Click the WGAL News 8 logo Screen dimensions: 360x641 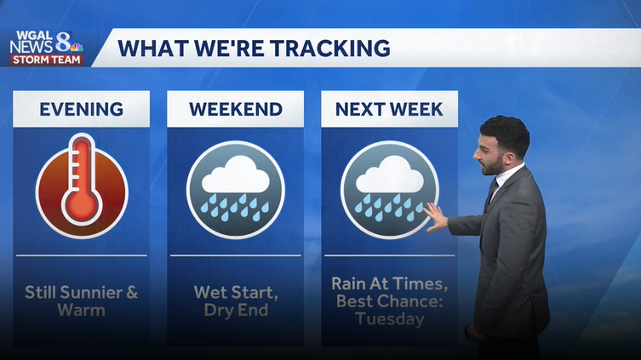click(47, 48)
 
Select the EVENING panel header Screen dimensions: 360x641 click(82, 109)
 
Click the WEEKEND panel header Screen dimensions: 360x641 click(235, 109)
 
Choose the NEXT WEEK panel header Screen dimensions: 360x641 click(389, 109)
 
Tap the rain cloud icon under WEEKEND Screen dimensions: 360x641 click(235, 189)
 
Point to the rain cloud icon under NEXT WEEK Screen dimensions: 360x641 click(389, 189)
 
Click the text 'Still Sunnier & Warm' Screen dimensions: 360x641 click(82, 300)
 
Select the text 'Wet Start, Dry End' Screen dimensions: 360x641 click(235, 300)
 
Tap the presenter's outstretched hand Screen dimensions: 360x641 click(435, 218)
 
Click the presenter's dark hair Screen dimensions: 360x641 click(506, 132)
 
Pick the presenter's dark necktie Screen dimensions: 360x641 click(491, 194)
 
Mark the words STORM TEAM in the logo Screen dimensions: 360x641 click(47, 60)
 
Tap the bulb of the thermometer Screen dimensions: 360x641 click(83, 207)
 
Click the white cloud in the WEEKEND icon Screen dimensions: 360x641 click(235, 175)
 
